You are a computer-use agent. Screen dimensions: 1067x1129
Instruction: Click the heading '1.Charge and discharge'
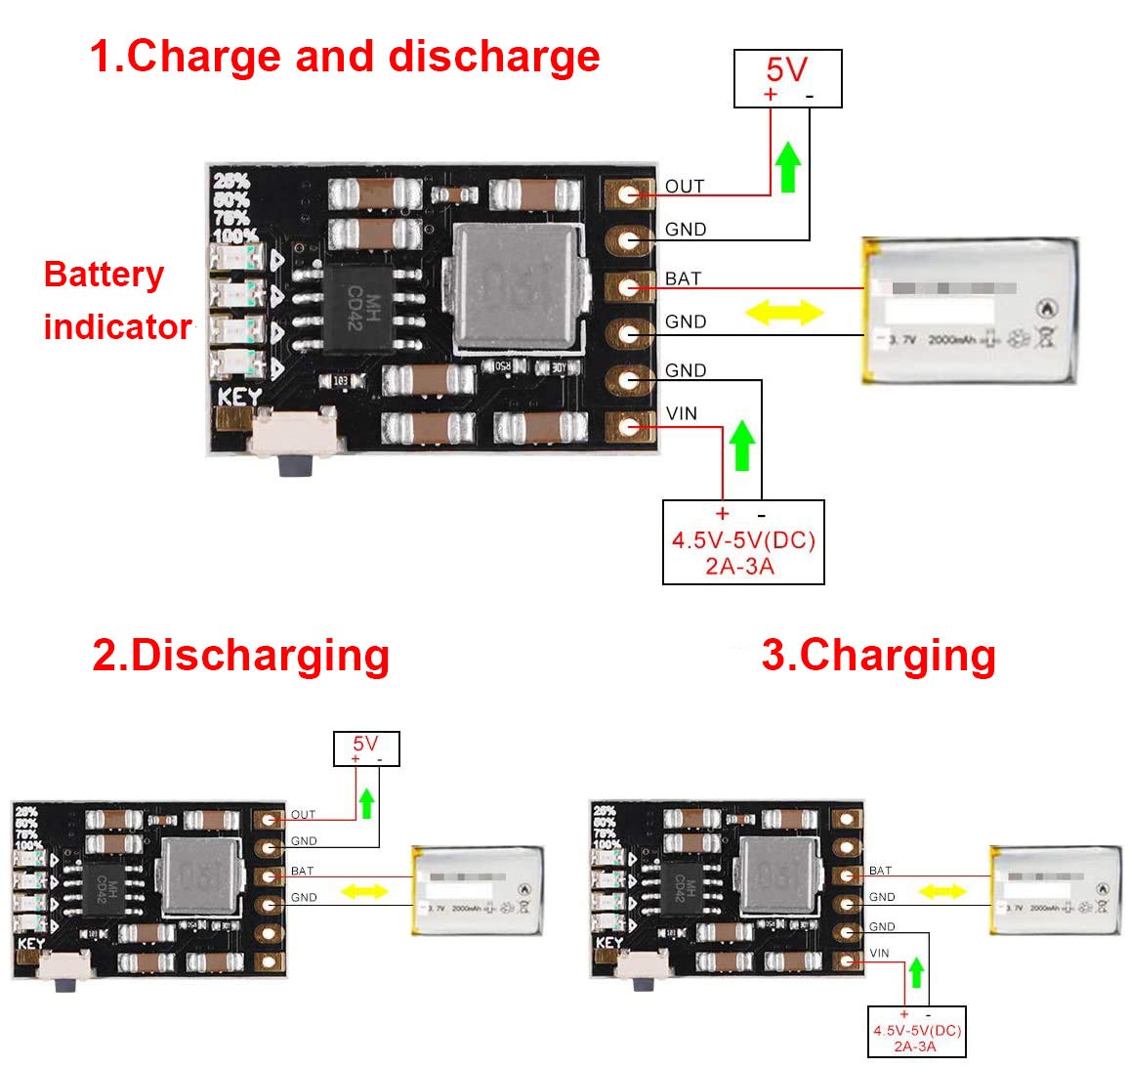(x=344, y=56)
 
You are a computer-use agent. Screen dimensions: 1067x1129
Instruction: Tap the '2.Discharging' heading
(x=240, y=655)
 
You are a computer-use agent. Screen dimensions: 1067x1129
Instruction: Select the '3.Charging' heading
(x=878, y=655)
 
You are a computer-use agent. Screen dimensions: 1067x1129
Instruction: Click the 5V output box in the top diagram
(x=787, y=78)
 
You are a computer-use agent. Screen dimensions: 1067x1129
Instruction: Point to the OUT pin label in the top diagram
(x=684, y=187)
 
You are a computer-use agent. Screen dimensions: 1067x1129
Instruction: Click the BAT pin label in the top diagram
(x=683, y=278)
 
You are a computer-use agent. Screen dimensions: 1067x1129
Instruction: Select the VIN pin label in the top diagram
(x=681, y=413)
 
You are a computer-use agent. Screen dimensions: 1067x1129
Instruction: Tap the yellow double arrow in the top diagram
(x=784, y=313)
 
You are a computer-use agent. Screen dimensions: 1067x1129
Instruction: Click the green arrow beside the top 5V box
(x=788, y=166)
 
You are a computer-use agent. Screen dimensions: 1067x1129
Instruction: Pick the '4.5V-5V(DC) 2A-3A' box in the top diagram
(x=743, y=542)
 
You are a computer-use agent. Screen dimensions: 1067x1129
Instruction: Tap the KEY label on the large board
(x=239, y=398)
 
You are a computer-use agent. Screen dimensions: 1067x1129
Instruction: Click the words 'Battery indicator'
(x=117, y=300)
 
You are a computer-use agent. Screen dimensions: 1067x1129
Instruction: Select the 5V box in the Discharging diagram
(x=366, y=748)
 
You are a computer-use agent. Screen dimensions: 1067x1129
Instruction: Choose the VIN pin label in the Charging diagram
(x=879, y=953)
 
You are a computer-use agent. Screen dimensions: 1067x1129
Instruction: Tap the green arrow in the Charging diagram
(x=916, y=972)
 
